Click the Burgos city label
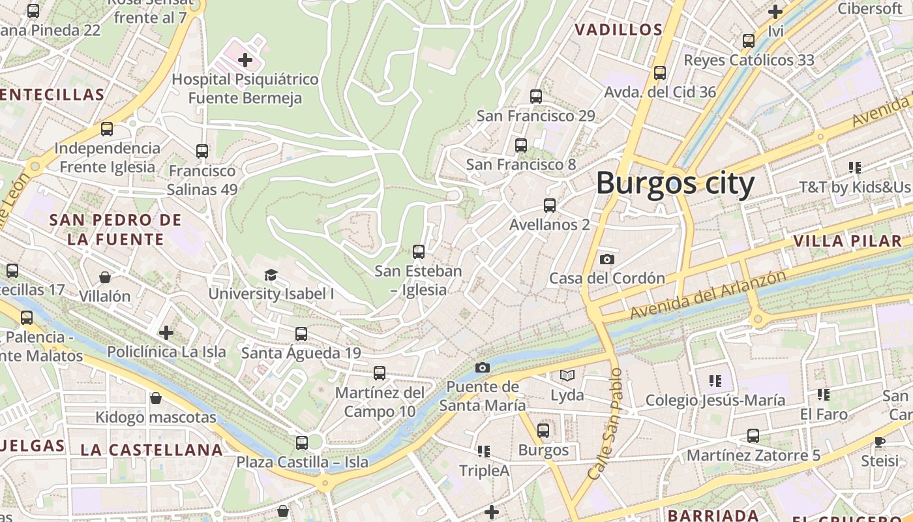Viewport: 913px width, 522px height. click(x=675, y=183)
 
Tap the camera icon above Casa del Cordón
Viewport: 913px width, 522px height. click(x=606, y=259)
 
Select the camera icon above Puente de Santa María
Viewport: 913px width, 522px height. click(x=482, y=367)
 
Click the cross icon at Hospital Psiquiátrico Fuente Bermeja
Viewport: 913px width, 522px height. click(x=245, y=61)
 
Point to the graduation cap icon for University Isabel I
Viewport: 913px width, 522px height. click(x=271, y=275)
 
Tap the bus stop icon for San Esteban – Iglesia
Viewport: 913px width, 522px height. click(x=419, y=251)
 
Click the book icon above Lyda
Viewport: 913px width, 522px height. click(x=567, y=375)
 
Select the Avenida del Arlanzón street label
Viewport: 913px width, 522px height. click(x=708, y=295)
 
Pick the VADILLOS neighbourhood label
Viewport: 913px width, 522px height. click(x=619, y=30)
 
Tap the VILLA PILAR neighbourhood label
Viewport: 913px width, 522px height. click(x=847, y=241)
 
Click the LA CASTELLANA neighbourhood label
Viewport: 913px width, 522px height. click(x=151, y=450)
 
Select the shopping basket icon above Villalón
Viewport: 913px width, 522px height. click(x=104, y=277)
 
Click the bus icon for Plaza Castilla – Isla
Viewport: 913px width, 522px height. click(x=301, y=442)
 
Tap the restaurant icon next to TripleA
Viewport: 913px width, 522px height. click(x=483, y=451)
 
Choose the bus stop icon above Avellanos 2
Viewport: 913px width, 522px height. click(x=550, y=206)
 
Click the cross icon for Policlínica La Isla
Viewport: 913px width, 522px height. click(x=166, y=333)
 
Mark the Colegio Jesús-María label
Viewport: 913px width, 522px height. click(x=715, y=400)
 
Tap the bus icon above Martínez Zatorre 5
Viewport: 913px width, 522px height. click(x=753, y=435)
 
